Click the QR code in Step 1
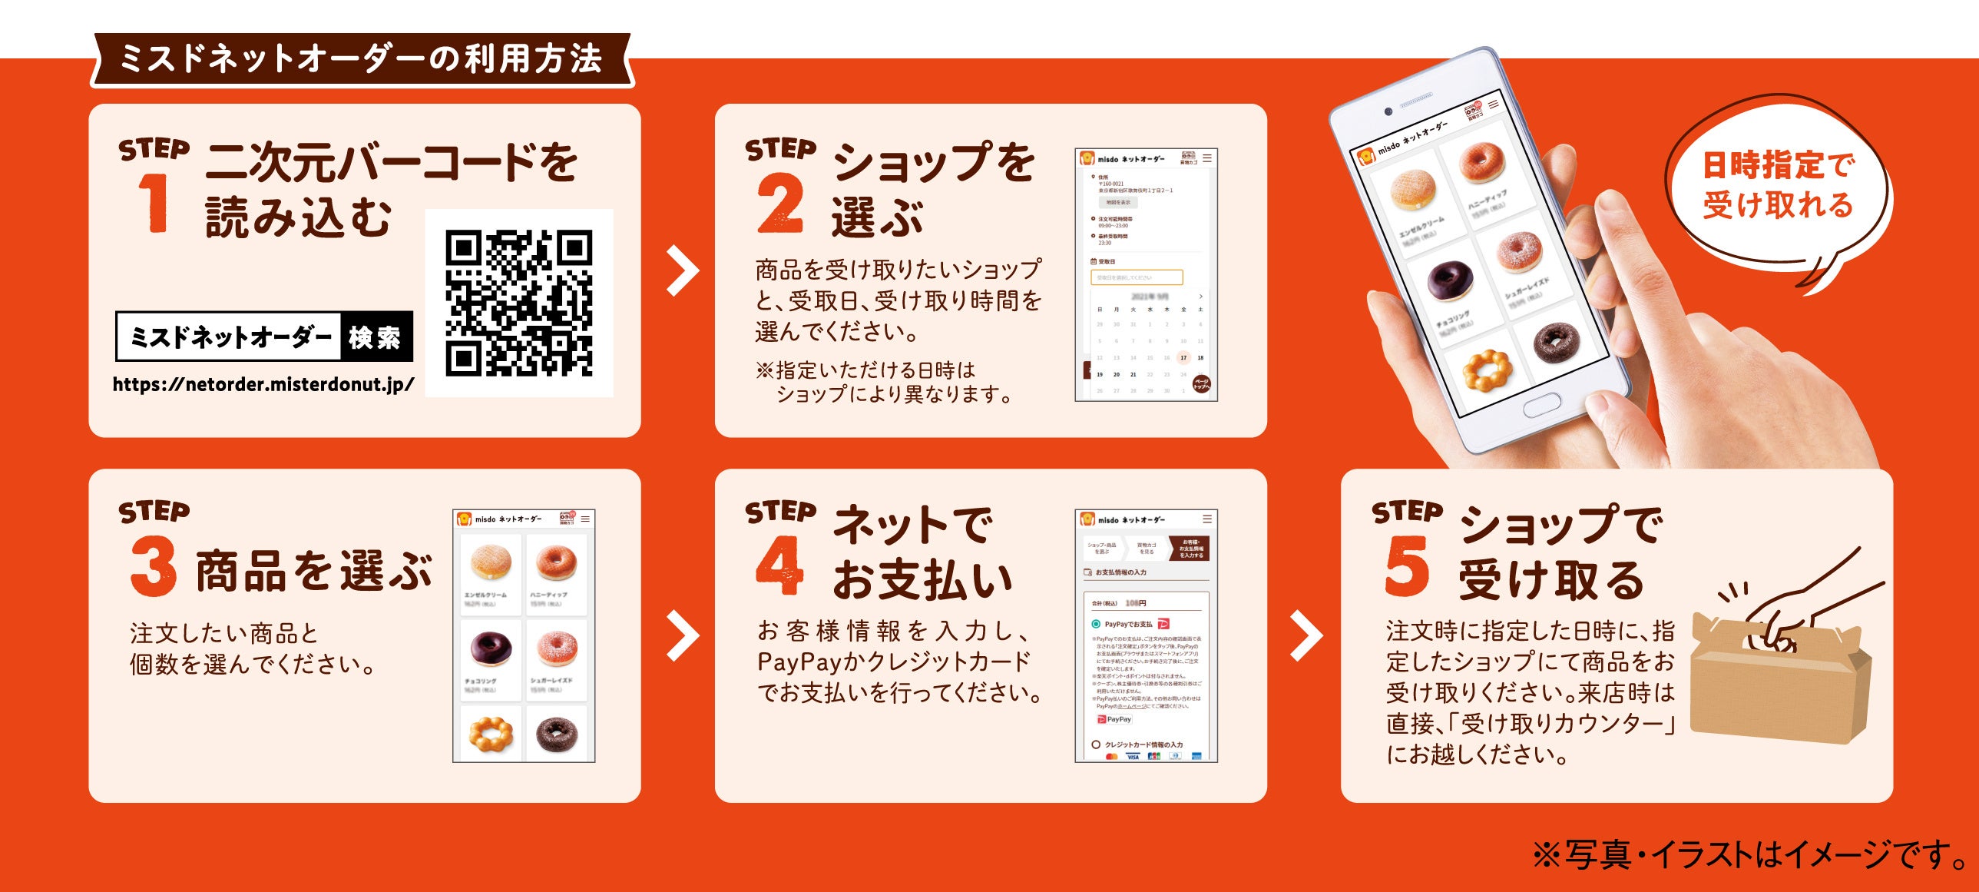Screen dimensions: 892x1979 pos(518,303)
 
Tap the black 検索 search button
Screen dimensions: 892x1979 pos(376,337)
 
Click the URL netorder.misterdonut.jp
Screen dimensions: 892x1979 pos(263,384)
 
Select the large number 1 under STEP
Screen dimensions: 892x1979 pos(154,202)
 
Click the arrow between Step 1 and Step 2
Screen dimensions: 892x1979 pos(681,270)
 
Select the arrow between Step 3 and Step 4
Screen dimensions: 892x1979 pos(681,635)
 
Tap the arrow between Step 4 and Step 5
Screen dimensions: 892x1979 pos(1306,635)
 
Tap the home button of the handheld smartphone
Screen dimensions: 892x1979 pos(1542,405)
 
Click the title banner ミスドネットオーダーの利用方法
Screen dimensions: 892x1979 pos(361,59)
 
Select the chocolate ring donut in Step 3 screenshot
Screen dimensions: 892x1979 pos(490,647)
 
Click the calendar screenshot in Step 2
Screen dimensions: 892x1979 pos(1147,338)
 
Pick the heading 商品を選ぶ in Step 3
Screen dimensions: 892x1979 pos(313,571)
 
